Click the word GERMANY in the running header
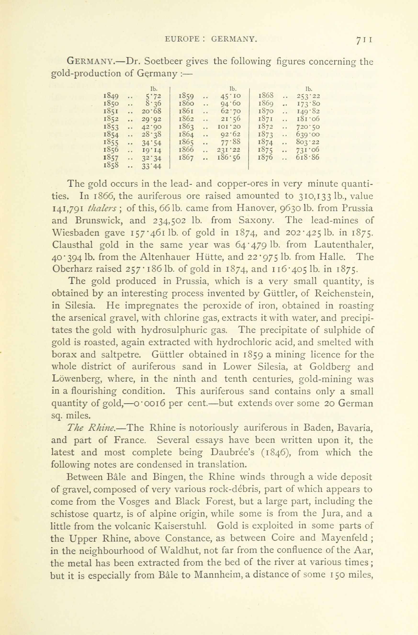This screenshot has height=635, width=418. point(234,39)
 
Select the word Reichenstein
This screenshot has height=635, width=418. point(344,293)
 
